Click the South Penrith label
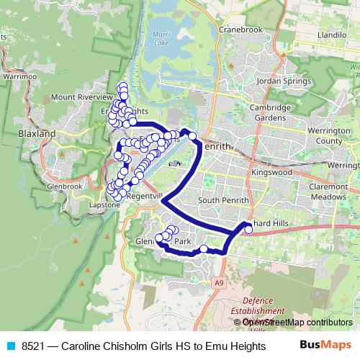[223, 200]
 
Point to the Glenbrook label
[63, 186]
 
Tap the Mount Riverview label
[82, 96]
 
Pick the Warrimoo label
[18, 75]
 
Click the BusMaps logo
[325, 345]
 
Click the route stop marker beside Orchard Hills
[248, 230]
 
